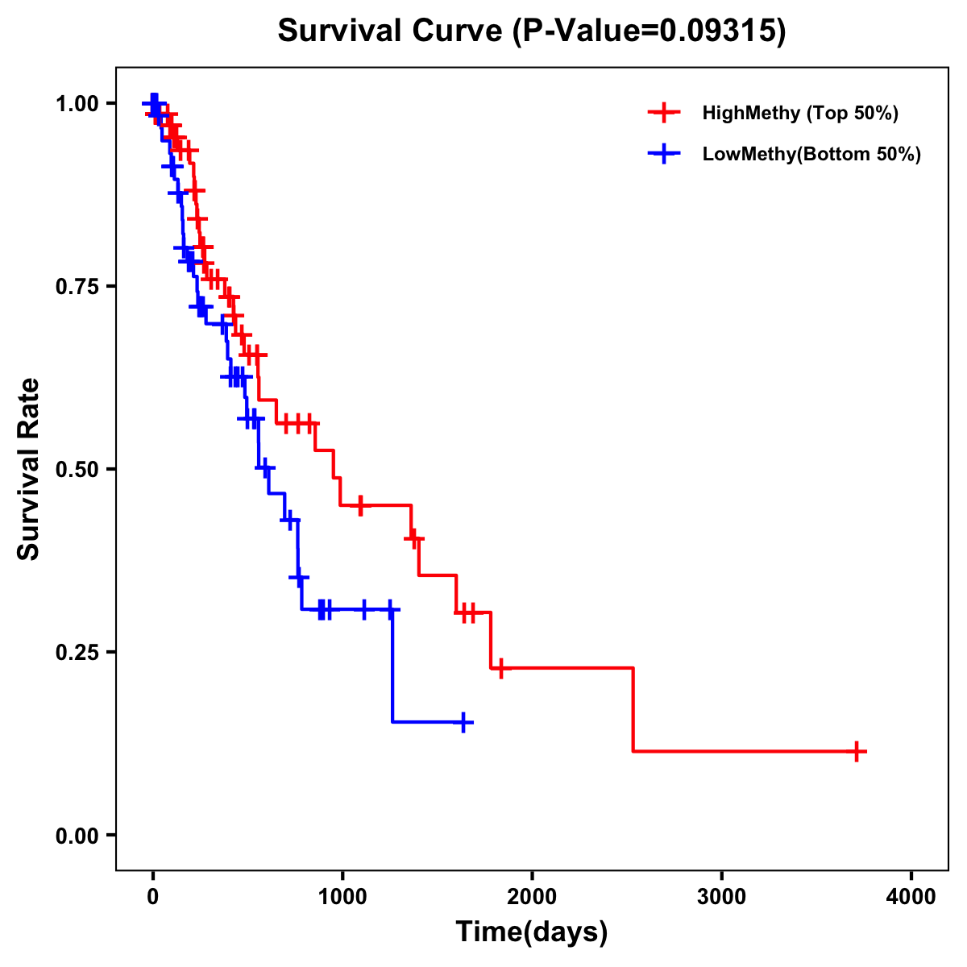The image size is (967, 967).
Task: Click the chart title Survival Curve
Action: [x=532, y=31]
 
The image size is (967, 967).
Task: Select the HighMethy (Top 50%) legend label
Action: [x=800, y=113]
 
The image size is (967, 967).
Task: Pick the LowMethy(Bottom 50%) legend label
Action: [x=811, y=154]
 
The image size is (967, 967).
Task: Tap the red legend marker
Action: [x=663, y=113]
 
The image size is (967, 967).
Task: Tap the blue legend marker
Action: [x=663, y=154]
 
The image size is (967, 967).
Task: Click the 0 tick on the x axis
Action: [x=152, y=897]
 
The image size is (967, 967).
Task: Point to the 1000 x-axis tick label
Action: [x=342, y=897]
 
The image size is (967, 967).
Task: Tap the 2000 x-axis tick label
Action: [x=532, y=897]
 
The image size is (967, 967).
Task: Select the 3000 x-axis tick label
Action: [x=721, y=897]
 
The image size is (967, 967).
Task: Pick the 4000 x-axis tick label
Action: [x=911, y=897]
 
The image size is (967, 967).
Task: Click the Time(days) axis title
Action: [x=532, y=932]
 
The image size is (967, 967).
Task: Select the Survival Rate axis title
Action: [x=29, y=469]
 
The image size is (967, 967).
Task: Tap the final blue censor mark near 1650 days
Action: [x=463, y=722]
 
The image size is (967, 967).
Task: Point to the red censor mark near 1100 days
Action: [x=360, y=505]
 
